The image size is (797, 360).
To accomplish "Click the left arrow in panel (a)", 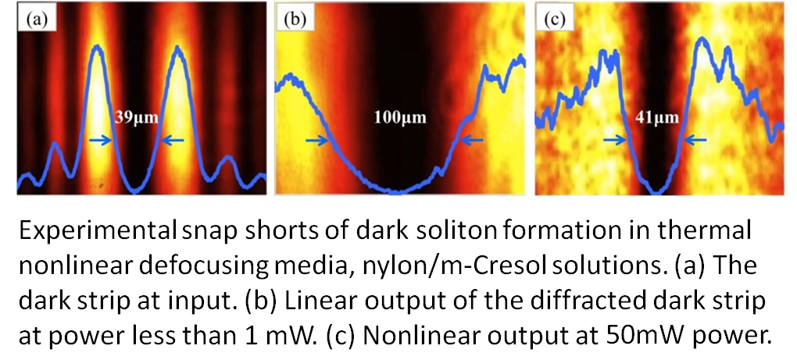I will click(x=100, y=141).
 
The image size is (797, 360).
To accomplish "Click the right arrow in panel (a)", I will click(x=173, y=141).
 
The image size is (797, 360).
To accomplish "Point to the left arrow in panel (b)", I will click(x=315, y=141).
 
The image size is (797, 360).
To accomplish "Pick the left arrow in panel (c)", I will click(x=615, y=141).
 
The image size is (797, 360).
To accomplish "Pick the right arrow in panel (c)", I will click(x=695, y=141).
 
